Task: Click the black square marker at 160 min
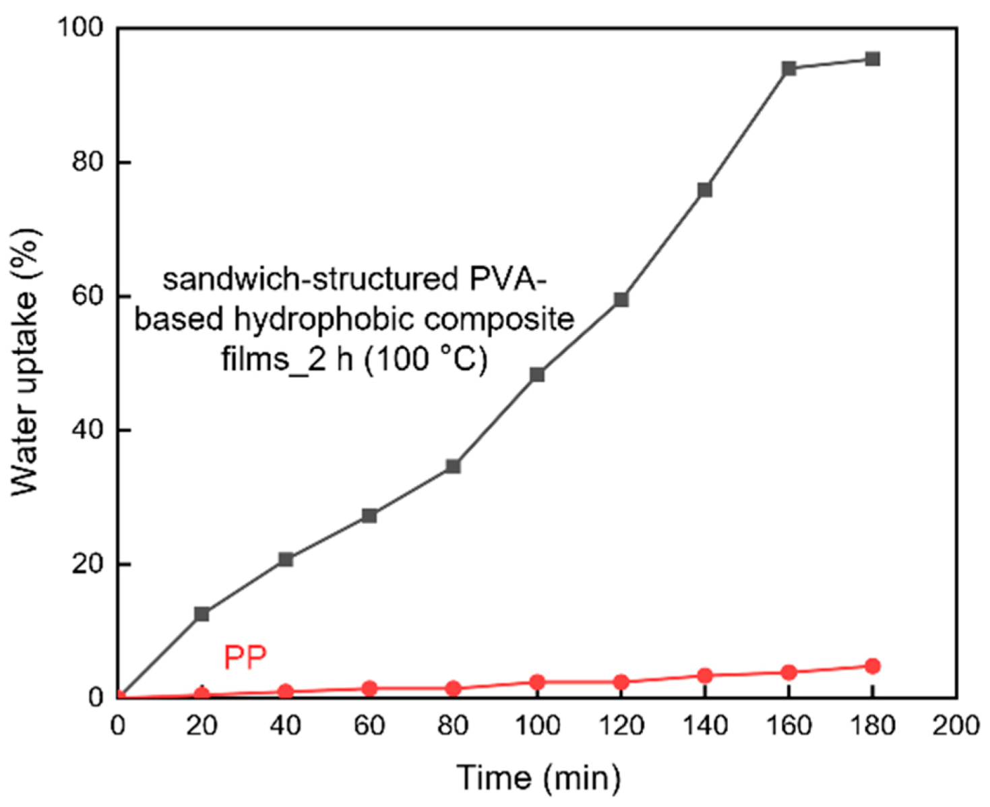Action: (x=788, y=68)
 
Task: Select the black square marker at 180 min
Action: (x=872, y=59)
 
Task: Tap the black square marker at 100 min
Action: (x=537, y=374)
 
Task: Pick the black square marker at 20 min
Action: (x=202, y=614)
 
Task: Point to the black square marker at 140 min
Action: (x=705, y=189)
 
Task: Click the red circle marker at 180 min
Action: (x=872, y=666)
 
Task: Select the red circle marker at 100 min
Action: (x=537, y=682)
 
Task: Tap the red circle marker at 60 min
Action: (x=369, y=688)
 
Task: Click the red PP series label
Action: (x=245, y=657)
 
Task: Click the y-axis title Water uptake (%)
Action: (x=26, y=363)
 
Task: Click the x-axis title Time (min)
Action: (x=538, y=777)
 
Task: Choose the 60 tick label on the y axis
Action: (x=88, y=296)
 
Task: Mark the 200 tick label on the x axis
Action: (x=955, y=725)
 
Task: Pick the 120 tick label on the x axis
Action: (x=621, y=725)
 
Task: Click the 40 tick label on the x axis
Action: (x=285, y=725)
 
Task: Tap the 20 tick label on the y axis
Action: (x=88, y=564)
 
